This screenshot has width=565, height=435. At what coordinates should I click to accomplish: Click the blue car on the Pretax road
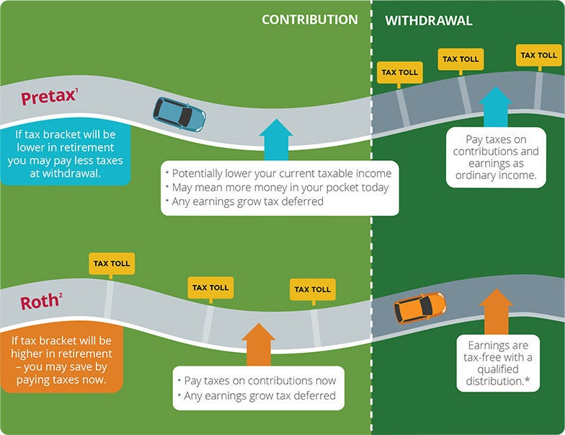pos(179,113)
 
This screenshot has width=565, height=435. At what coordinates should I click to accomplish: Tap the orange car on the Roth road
pos(419,308)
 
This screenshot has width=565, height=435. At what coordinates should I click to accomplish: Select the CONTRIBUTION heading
pos(309,19)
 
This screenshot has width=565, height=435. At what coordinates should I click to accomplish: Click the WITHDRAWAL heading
pos(428,20)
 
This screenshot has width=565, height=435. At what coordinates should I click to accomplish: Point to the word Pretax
pos(48,97)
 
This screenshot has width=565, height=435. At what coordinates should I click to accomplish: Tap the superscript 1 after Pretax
pos(77,91)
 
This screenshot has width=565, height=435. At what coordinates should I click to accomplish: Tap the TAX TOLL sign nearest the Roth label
pos(111,263)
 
